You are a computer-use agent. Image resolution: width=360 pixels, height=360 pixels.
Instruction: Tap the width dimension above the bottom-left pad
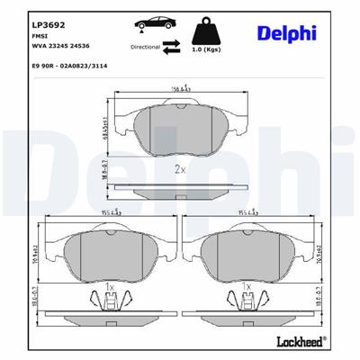click(x=111, y=211)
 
